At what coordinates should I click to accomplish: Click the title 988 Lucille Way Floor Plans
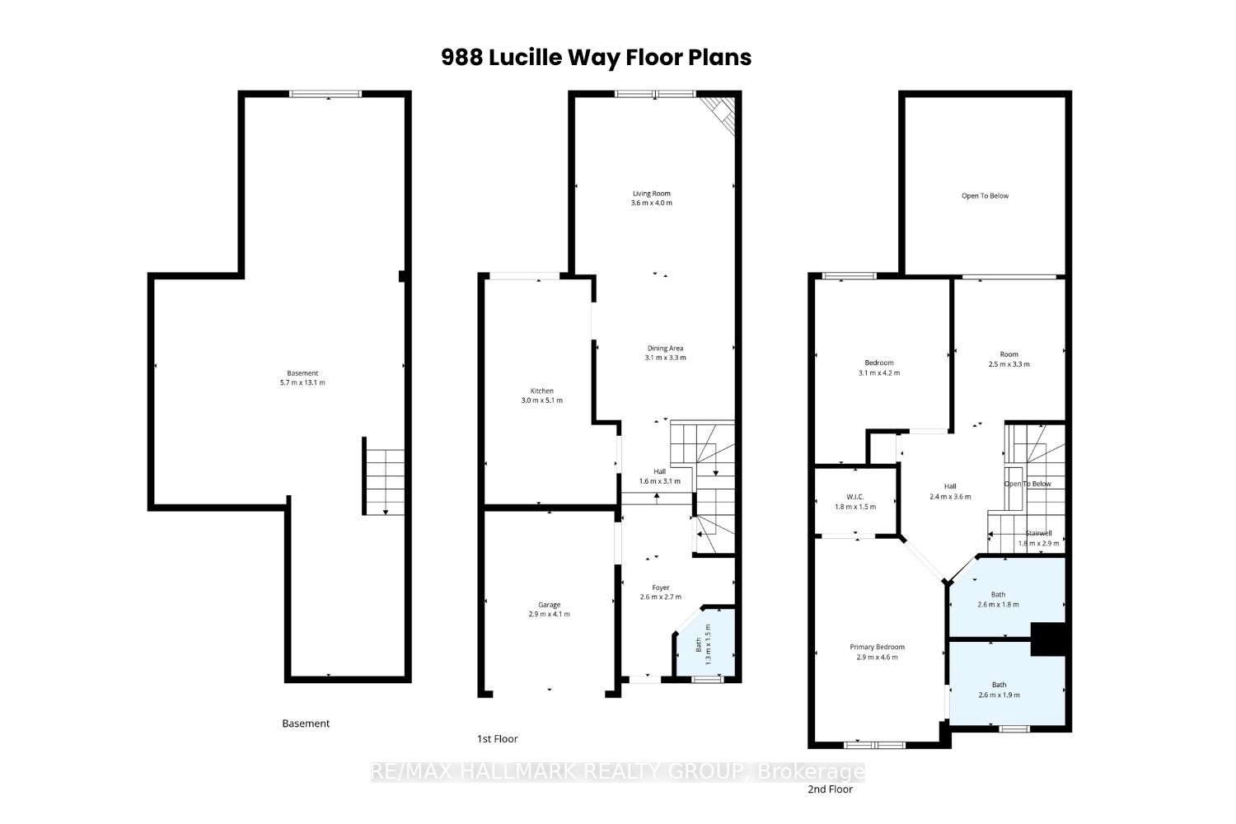tap(596, 58)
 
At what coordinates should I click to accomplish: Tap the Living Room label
tap(652, 194)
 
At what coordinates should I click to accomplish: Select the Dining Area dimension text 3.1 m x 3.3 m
tap(666, 358)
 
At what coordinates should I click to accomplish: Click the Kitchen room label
tap(542, 391)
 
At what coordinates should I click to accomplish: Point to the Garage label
tap(549, 605)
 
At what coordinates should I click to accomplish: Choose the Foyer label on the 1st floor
tap(661, 588)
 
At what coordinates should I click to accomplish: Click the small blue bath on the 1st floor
tap(706, 643)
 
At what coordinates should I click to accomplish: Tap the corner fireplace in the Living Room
tap(719, 115)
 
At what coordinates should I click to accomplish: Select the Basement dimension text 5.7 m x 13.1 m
tap(302, 382)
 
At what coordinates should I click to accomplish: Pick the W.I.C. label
tap(854, 497)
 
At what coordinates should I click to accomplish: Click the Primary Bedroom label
tap(878, 647)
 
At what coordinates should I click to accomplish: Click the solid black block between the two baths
tap(1051, 639)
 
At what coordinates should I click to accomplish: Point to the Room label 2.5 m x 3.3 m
tap(1009, 354)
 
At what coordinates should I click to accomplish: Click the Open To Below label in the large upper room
tap(985, 196)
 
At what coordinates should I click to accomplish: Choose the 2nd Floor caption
tap(831, 789)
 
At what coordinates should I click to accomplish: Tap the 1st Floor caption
tap(497, 738)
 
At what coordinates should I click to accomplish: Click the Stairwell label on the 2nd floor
tap(1038, 533)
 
